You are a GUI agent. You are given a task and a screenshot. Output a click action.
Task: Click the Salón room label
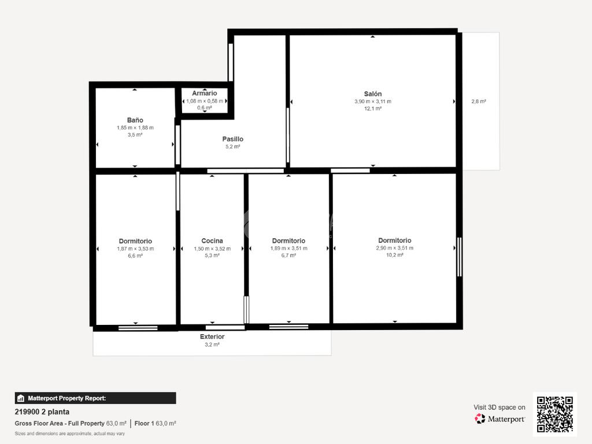pos(373,94)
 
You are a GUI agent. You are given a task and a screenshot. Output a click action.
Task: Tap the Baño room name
pos(135,120)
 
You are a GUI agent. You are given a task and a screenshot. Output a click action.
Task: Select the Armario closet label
pos(204,93)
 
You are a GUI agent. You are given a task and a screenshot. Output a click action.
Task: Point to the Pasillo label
pos(232,139)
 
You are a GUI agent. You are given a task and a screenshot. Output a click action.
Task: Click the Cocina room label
pos(212,240)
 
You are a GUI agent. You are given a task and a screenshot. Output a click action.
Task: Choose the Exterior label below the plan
pos(212,336)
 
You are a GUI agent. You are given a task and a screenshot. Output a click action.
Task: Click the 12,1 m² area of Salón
pos(373,108)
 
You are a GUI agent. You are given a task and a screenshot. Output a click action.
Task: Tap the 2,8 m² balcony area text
pos(478,101)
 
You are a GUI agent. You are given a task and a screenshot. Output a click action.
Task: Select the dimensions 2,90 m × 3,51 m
pos(394,248)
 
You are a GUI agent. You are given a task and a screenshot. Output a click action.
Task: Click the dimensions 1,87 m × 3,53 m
pos(135,249)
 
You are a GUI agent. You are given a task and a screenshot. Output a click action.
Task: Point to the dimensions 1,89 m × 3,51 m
pos(288,249)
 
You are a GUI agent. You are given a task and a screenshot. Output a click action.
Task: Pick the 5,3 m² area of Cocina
pos(212,255)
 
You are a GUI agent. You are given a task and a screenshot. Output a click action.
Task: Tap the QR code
pos(554,414)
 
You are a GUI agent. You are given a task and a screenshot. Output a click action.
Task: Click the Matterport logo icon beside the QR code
pos(480,419)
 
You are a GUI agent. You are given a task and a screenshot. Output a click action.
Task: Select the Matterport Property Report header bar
pos(95,398)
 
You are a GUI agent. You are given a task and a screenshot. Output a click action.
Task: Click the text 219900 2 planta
pos(42,412)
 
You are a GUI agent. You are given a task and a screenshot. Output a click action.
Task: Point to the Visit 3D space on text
pos(499,408)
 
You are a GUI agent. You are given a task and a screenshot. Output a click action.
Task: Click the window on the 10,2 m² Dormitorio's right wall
pos(460,257)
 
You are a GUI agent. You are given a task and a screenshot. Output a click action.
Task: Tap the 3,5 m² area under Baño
pos(135,135)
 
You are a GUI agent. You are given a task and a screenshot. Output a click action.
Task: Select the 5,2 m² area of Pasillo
pos(232,146)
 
